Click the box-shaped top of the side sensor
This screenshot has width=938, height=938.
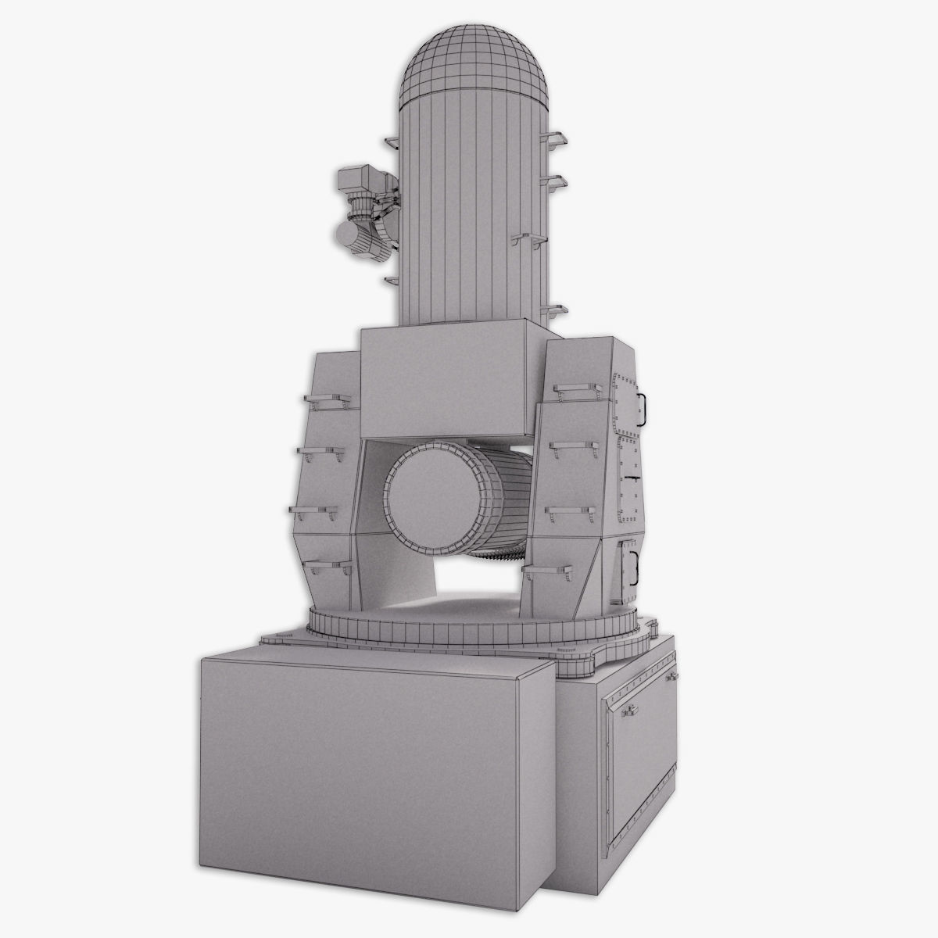359,181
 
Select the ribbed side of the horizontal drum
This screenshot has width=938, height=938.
504,500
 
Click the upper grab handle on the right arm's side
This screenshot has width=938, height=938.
643,405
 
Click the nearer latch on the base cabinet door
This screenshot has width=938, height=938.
627,711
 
